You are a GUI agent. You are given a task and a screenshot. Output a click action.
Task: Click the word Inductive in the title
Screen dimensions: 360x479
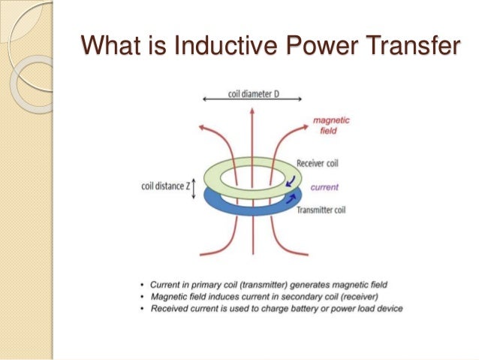[224, 47]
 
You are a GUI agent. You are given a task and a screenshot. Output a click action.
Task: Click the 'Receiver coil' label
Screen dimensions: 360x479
[321, 163]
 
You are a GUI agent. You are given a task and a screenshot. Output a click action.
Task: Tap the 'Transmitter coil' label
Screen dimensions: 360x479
[325, 211]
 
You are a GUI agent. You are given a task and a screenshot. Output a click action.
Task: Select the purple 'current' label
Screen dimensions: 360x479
[325, 187]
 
